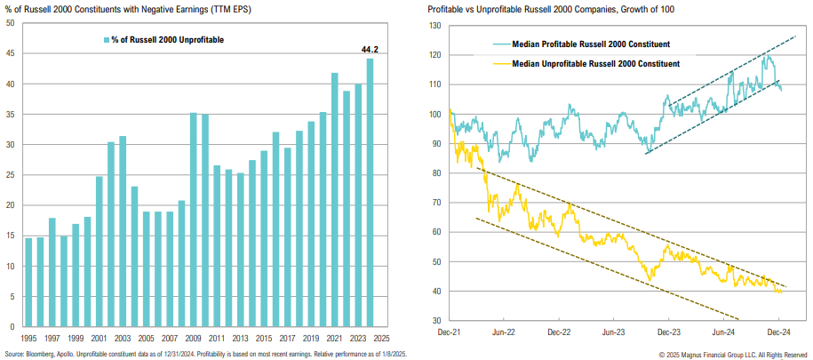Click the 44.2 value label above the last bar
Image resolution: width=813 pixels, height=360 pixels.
pos(370,50)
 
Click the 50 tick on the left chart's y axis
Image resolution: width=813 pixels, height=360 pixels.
pos(10,24)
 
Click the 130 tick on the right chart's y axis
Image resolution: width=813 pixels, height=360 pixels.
pos(434,26)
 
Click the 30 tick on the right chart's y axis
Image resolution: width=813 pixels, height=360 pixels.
pos(436,320)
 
